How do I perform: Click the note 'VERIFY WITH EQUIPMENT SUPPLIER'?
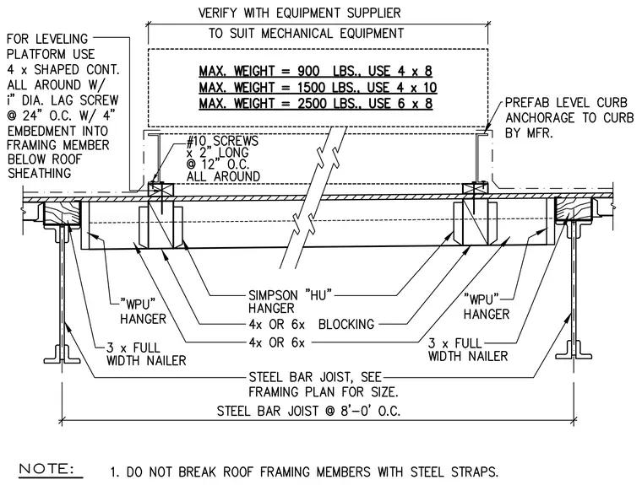coord(300,13)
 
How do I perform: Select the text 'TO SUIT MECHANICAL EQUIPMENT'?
coord(307,33)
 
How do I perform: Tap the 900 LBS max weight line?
coord(316,71)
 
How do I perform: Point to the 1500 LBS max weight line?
coord(318,87)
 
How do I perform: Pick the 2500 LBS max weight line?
coord(316,103)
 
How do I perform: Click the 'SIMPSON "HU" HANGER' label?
coord(290,301)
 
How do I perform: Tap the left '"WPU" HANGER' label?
coord(143,311)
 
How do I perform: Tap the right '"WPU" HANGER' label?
coord(487,307)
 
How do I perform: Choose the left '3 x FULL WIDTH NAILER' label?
coord(146,354)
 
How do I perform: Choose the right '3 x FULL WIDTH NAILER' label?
coord(468,350)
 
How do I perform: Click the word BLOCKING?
coord(346,324)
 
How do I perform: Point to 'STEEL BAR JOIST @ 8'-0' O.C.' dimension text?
coord(308,411)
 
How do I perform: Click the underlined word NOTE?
coord(46,469)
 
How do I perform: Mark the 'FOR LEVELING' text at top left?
coord(47,40)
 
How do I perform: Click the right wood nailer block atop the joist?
coord(574,209)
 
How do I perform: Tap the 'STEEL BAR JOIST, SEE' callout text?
coord(315,377)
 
